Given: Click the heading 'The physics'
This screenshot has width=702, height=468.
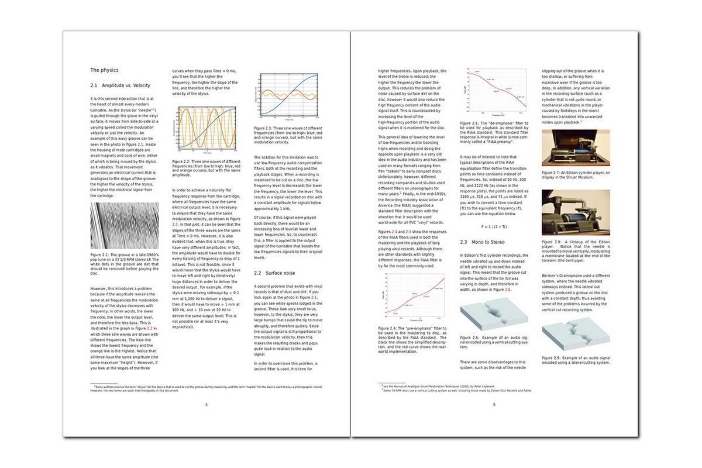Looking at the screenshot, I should [104, 70].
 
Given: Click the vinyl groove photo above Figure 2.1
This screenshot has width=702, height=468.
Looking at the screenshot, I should [124, 226].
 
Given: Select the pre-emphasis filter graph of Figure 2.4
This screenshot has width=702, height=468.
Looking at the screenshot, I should [411, 298].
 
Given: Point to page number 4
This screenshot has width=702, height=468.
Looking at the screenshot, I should [206, 404].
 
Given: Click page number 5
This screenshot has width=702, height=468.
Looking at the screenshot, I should [494, 404].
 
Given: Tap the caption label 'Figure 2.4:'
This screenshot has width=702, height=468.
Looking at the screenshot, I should [389, 328].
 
